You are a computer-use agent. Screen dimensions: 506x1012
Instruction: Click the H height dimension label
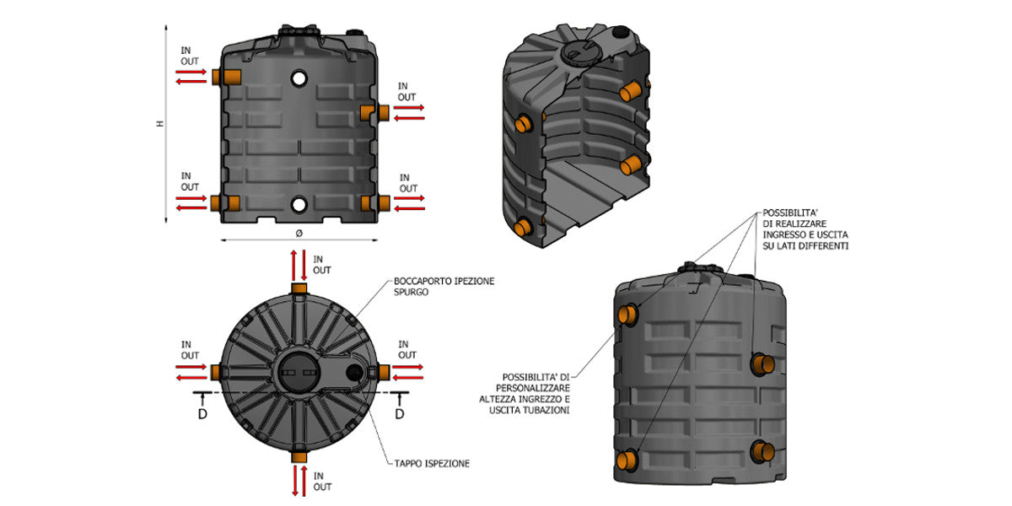[x=159, y=124]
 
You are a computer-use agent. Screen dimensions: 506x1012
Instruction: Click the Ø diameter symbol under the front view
[x=299, y=231]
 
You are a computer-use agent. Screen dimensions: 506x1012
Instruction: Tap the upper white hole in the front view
[x=299, y=78]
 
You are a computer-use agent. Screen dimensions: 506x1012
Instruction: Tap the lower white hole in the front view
[x=299, y=205]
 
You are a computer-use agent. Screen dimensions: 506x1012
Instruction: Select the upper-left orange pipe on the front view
[x=227, y=78]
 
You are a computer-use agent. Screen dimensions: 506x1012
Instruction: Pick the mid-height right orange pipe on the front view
[x=371, y=112]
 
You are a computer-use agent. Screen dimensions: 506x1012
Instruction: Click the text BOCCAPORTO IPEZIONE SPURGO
[x=444, y=287]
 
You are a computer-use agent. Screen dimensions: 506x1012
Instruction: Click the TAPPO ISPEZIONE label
[x=431, y=463]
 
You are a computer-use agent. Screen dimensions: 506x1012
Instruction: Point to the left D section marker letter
[x=202, y=414]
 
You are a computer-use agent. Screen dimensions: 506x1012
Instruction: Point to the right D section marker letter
[x=400, y=414]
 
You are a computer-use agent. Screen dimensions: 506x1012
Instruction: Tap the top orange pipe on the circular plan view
[x=299, y=289]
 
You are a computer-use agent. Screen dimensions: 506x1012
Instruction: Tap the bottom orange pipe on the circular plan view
[x=299, y=457]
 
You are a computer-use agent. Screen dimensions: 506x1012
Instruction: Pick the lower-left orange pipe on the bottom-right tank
[x=626, y=460]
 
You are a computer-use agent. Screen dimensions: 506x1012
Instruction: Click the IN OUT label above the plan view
[x=322, y=264]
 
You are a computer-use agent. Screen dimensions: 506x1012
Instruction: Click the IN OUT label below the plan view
[x=322, y=481]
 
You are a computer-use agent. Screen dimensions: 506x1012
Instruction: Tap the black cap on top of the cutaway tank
[x=621, y=33]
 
